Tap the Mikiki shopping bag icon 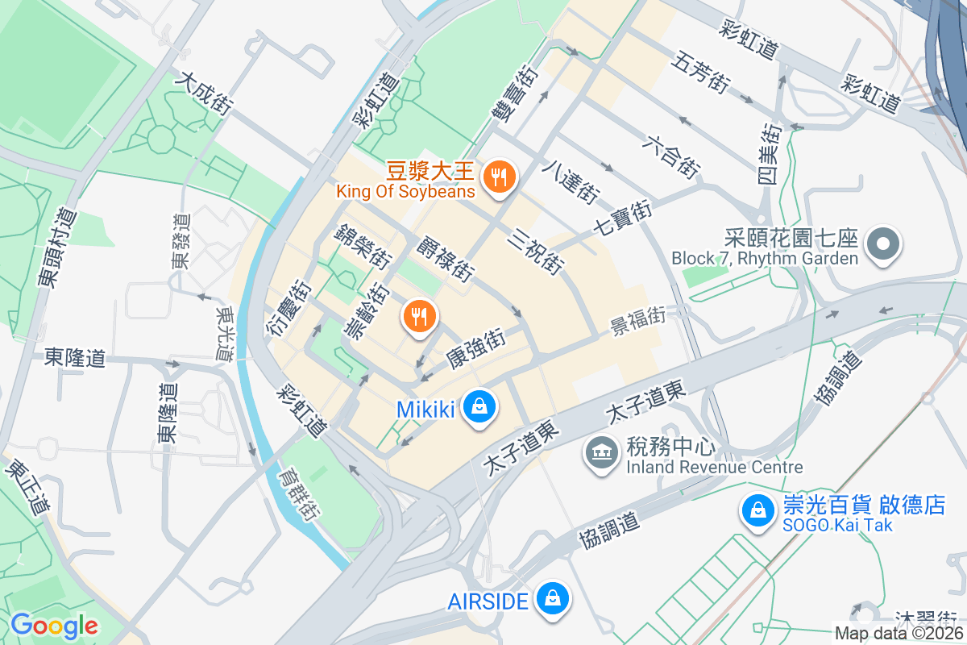coord(480,407)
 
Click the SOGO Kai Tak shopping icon coord(758,510)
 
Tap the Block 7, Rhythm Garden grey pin coord(882,243)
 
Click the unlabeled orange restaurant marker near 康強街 coord(419,315)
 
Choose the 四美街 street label coord(771,153)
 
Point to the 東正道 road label coord(28,487)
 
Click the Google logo coord(54,625)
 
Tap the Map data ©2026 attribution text coord(899,633)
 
